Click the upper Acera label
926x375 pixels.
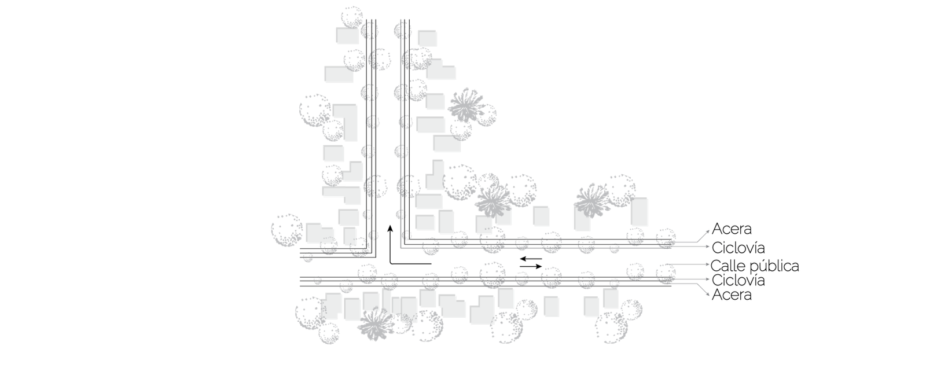click(732, 229)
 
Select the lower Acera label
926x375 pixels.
click(732, 295)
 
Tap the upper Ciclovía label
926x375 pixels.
click(738, 248)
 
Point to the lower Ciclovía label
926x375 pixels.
click(738, 280)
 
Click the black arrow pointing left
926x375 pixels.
click(531, 259)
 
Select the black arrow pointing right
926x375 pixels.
click(531, 267)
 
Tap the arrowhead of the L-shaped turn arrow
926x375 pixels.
click(390, 228)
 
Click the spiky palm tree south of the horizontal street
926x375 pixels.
click(376, 323)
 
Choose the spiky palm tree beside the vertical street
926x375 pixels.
click(466, 105)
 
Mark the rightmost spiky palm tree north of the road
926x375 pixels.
click(593, 201)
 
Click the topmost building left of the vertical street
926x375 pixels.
click(347, 35)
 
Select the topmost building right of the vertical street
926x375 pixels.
click(428, 38)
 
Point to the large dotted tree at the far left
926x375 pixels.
click(287, 230)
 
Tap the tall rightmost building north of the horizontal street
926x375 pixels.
click(639, 211)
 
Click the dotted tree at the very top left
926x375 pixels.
click(352, 17)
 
